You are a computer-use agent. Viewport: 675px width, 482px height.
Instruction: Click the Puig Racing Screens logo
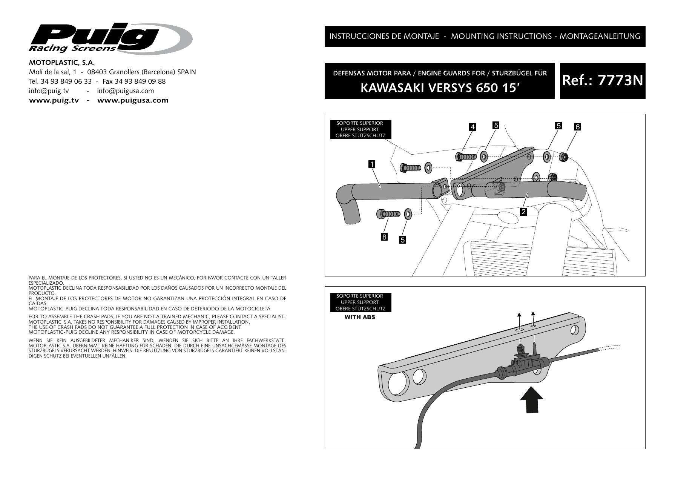pos(109,38)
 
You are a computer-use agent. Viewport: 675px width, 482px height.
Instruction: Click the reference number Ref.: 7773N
pos(602,81)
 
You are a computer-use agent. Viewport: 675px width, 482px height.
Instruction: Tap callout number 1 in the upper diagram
pos(372,164)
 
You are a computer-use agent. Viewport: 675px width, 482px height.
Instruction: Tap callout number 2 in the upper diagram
pos(523,212)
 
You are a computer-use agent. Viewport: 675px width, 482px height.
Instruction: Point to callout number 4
pos(472,127)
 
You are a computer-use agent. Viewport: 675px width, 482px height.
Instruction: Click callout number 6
pos(577,127)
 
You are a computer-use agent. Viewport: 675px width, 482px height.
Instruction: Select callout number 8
pos(384,237)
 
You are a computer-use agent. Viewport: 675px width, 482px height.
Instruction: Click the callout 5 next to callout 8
pos(402,239)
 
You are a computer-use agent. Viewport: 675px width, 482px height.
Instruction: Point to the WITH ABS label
pos(360,317)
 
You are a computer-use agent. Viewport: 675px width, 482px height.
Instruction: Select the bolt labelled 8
pos(388,214)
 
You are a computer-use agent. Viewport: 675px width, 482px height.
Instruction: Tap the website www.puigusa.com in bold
pos(133,100)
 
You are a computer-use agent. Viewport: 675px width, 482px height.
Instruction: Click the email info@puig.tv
pos(49,91)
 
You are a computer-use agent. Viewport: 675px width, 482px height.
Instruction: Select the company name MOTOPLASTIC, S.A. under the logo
pos(62,63)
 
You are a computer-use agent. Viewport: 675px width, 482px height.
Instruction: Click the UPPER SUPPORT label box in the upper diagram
pos(360,129)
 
